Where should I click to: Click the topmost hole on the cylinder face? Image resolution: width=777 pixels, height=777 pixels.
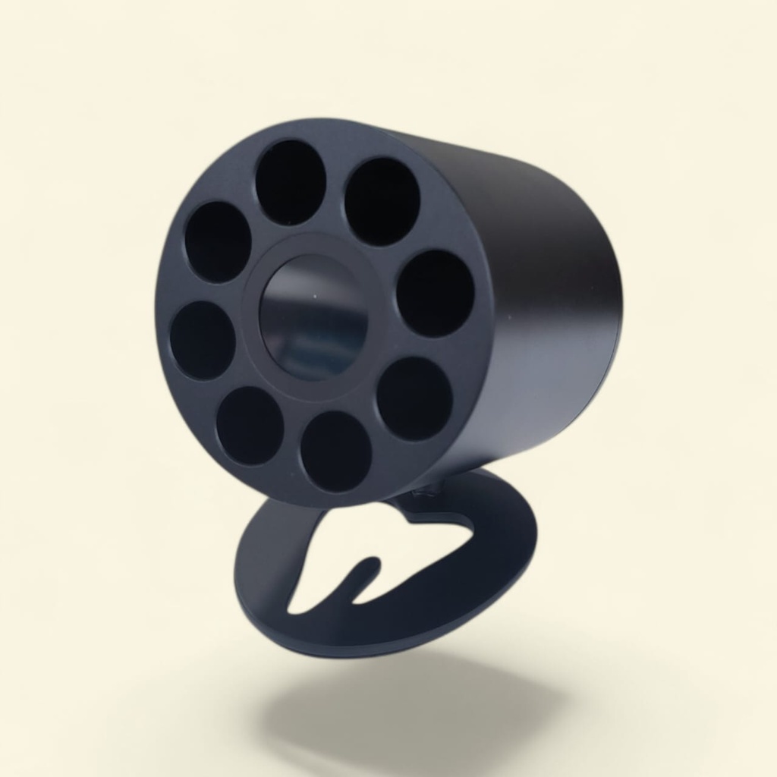(x=291, y=181)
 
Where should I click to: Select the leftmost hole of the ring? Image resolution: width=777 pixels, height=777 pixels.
(x=203, y=339)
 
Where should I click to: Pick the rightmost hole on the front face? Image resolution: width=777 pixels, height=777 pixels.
(x=436, y=293)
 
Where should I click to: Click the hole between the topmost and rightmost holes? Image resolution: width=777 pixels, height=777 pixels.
(x=382, y=201)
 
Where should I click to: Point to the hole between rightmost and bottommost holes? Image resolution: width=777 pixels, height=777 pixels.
(x=414, y=398)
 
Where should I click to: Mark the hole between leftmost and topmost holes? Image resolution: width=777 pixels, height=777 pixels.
(x=219, y=241)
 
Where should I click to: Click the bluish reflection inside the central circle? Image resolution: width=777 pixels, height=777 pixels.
(x=304, y=357)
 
